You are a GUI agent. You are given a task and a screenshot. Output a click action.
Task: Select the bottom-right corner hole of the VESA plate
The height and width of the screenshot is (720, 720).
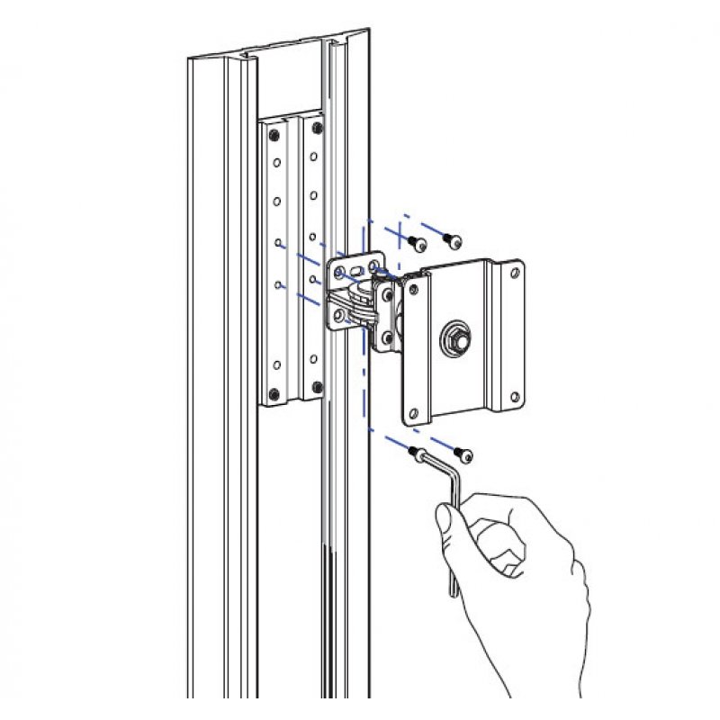[515, 397]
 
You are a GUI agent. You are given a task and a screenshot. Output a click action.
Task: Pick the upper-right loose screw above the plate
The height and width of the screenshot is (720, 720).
[454, 240]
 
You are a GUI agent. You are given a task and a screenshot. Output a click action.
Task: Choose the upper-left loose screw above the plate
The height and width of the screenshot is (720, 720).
[417, 242]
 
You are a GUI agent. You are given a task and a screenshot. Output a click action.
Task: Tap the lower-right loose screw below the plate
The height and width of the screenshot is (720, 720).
[465, 454]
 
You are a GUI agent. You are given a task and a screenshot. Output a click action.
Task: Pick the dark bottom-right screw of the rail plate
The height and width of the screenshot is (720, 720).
[316, 388]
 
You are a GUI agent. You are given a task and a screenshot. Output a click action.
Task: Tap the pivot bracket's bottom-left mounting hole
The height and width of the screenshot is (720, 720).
[340, 315]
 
